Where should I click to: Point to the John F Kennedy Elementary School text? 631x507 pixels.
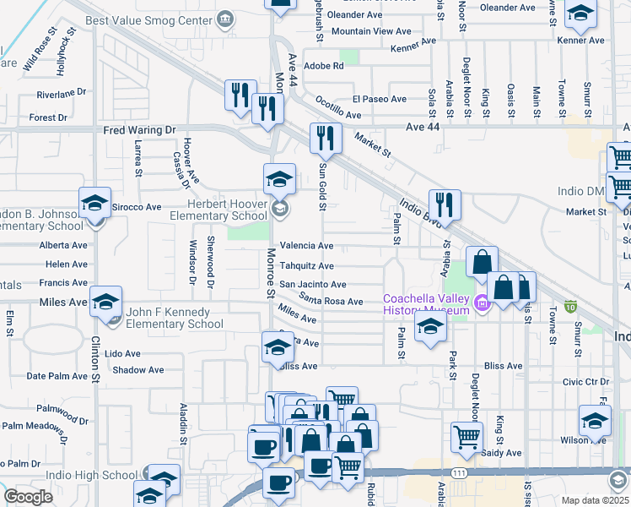click(x=175, y=318)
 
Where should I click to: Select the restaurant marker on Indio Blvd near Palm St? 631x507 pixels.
click(x=445, y=204)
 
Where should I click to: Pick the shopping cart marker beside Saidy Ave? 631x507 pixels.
click(x=467, y=437)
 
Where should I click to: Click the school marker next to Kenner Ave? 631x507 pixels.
click(x=580, y=14)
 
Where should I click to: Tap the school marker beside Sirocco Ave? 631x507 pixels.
click(x=95, y=203)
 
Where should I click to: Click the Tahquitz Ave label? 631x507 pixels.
click(x=307, y=266)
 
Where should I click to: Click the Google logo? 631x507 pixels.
click(x=28, y=496)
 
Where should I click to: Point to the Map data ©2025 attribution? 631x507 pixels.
click(x=595, y=500)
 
